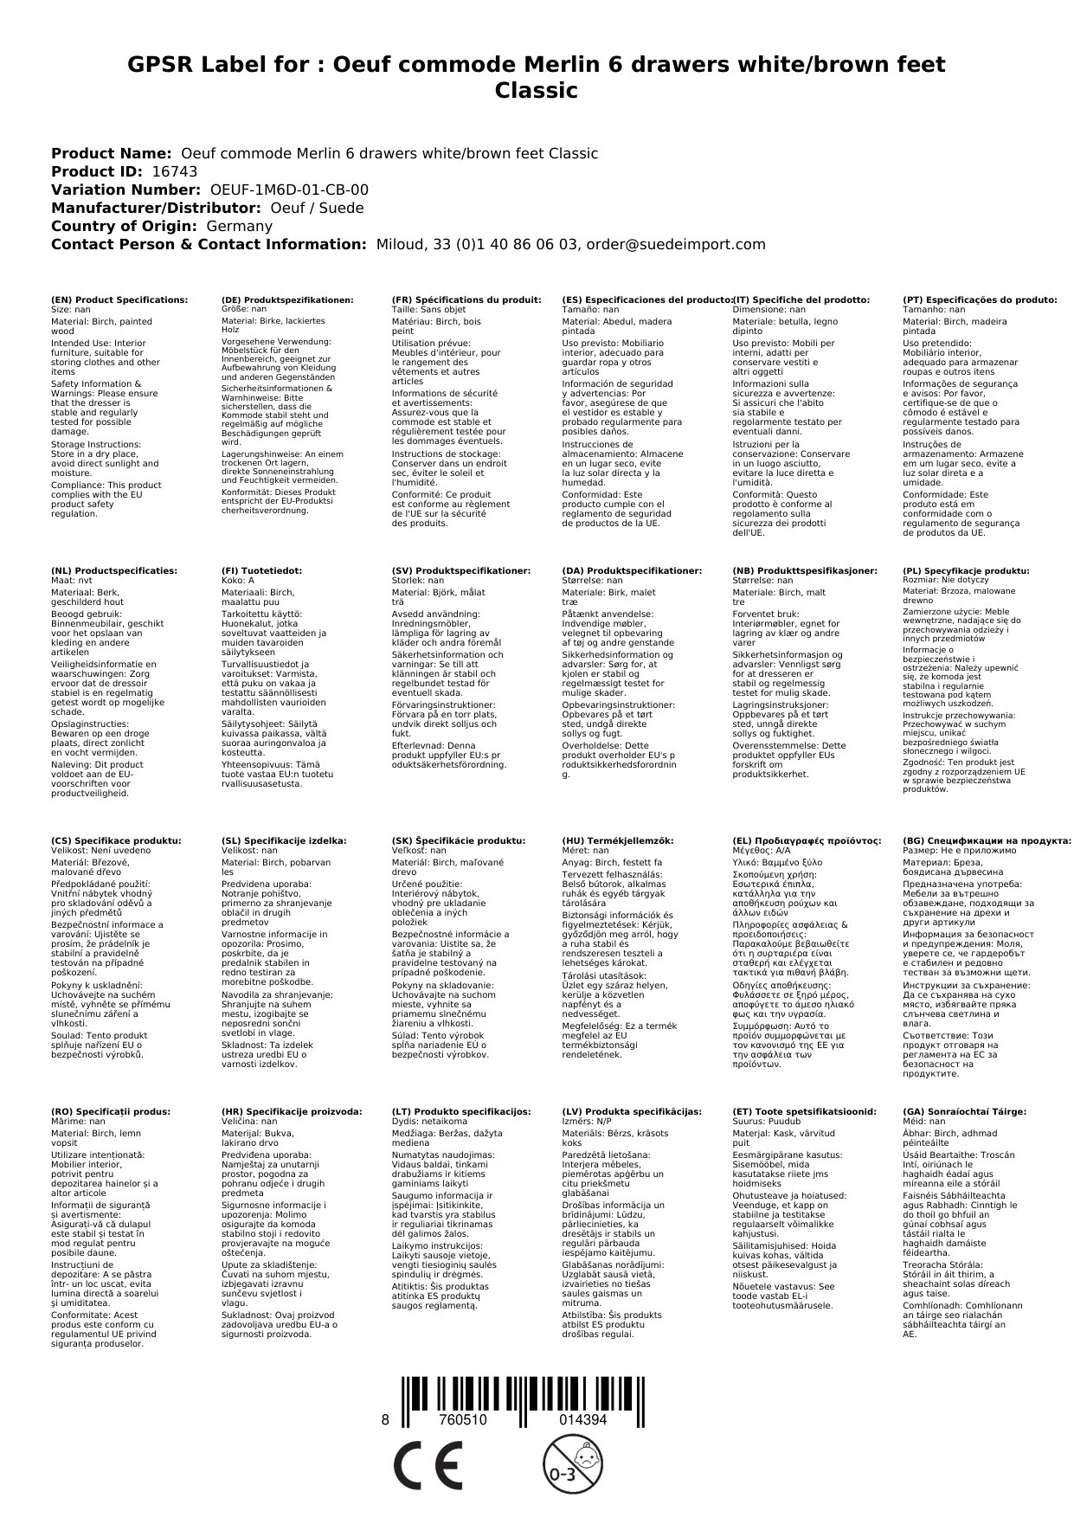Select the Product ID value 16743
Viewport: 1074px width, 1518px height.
[174, 171]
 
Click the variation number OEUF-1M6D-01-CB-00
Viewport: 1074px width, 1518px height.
[289, 190]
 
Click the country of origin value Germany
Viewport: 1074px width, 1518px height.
[239, 226]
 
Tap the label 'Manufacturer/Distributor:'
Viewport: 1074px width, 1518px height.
[156, 208]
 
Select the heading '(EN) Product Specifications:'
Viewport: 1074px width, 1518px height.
[119, 299]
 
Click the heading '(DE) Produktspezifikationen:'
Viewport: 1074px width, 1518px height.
[287, 299]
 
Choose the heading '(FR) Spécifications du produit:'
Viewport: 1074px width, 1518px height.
[466, 299]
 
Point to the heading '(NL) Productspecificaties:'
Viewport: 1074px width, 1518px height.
[114, 571]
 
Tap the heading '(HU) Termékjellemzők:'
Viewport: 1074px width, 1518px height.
[617, 840]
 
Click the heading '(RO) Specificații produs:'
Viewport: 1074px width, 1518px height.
[111, 1111]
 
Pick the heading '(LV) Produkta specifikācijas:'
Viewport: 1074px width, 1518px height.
[632, 1111]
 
